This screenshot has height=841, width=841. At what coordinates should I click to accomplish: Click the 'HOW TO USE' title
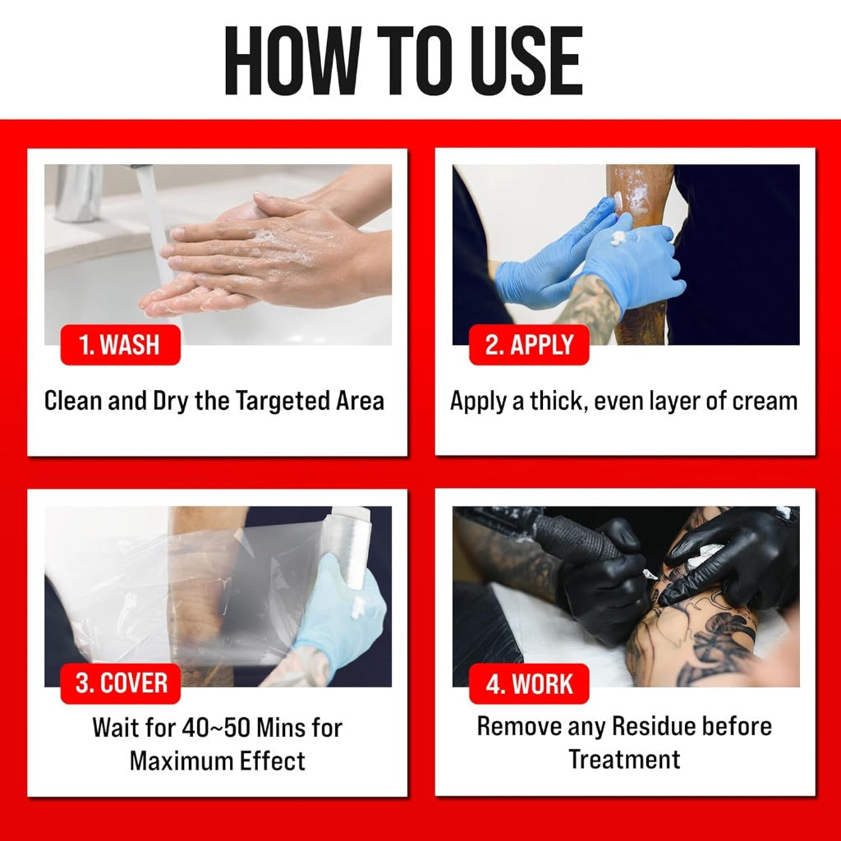403,60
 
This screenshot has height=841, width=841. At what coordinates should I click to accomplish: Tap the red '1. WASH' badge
120,345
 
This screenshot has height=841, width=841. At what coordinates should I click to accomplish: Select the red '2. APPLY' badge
529,345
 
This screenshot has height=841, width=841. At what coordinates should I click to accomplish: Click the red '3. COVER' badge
120,683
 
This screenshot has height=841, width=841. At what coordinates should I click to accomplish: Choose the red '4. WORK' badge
529,683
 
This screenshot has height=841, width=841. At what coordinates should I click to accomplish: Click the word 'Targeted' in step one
283,401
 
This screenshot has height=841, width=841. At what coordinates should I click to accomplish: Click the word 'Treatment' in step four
624,760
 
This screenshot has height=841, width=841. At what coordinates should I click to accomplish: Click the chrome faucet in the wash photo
80,192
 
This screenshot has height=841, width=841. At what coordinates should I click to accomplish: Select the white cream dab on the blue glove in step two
621,237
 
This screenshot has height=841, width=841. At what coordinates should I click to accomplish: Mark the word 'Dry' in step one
171,401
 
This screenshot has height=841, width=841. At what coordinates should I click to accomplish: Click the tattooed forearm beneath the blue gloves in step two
590,306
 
